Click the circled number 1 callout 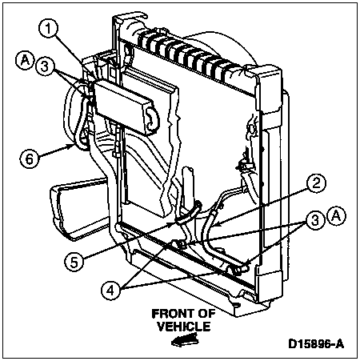(48, 30)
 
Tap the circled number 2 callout (316, 184)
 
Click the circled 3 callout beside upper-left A (45, 66)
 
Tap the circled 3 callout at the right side (314, 220)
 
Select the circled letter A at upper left (26, 61)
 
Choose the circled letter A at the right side (337, 216)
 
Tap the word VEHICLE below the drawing (184, 327)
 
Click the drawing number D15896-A (316, 344)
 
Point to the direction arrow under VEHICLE (184, 340)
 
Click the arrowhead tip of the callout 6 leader (74, 144)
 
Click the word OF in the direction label (206, 314)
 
